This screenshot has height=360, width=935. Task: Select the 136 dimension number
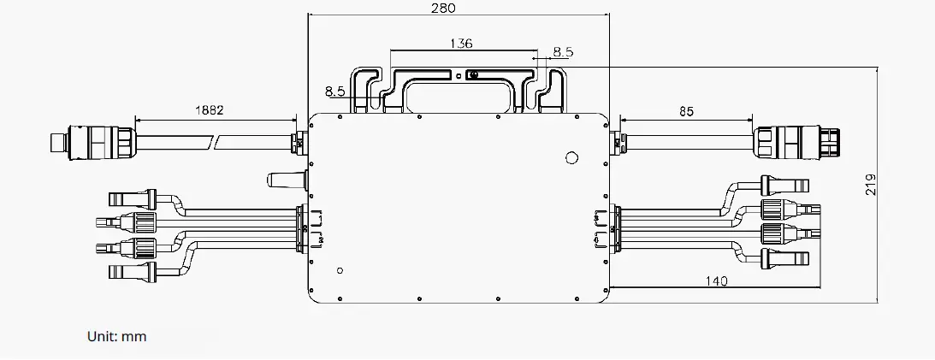point(460,43)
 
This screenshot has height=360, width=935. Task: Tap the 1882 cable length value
point(210,110)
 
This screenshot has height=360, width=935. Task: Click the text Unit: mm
point(117,336)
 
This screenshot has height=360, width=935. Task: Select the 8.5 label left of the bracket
point(334,90)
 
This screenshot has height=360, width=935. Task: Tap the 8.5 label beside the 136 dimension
point(563,51)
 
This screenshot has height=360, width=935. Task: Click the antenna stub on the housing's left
point(284,180)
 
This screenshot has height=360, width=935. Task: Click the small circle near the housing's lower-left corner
point(340,270)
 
